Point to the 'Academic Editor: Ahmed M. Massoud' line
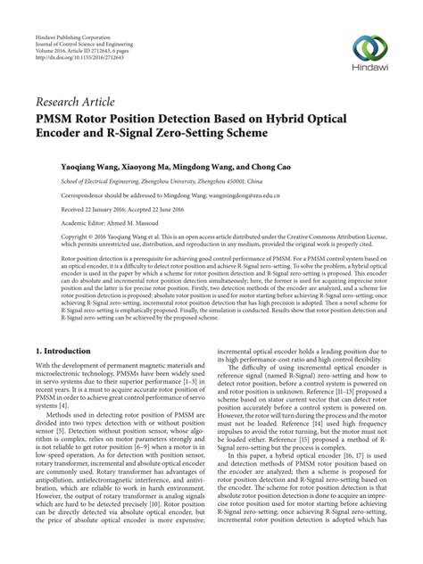pyautogui.click(x=110, y=223)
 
